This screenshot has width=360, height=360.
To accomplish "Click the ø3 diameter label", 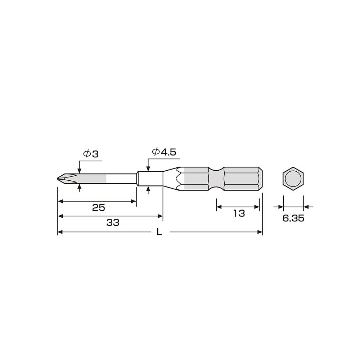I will coord(91,154).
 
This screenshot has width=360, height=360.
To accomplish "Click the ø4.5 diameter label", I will coord(164,152).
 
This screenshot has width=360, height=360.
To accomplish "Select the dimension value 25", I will coord(98,208).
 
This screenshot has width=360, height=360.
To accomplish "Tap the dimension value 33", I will coord(113,222).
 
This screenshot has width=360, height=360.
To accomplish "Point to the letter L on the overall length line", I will coord(159,232).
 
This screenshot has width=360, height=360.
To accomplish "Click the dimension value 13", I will coord(239,213).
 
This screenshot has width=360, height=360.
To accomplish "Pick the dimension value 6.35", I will coord(293,218).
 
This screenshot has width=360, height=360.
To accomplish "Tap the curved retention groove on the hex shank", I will coord(216,179).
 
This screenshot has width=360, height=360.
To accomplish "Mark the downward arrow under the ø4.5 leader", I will coord(148,168).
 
